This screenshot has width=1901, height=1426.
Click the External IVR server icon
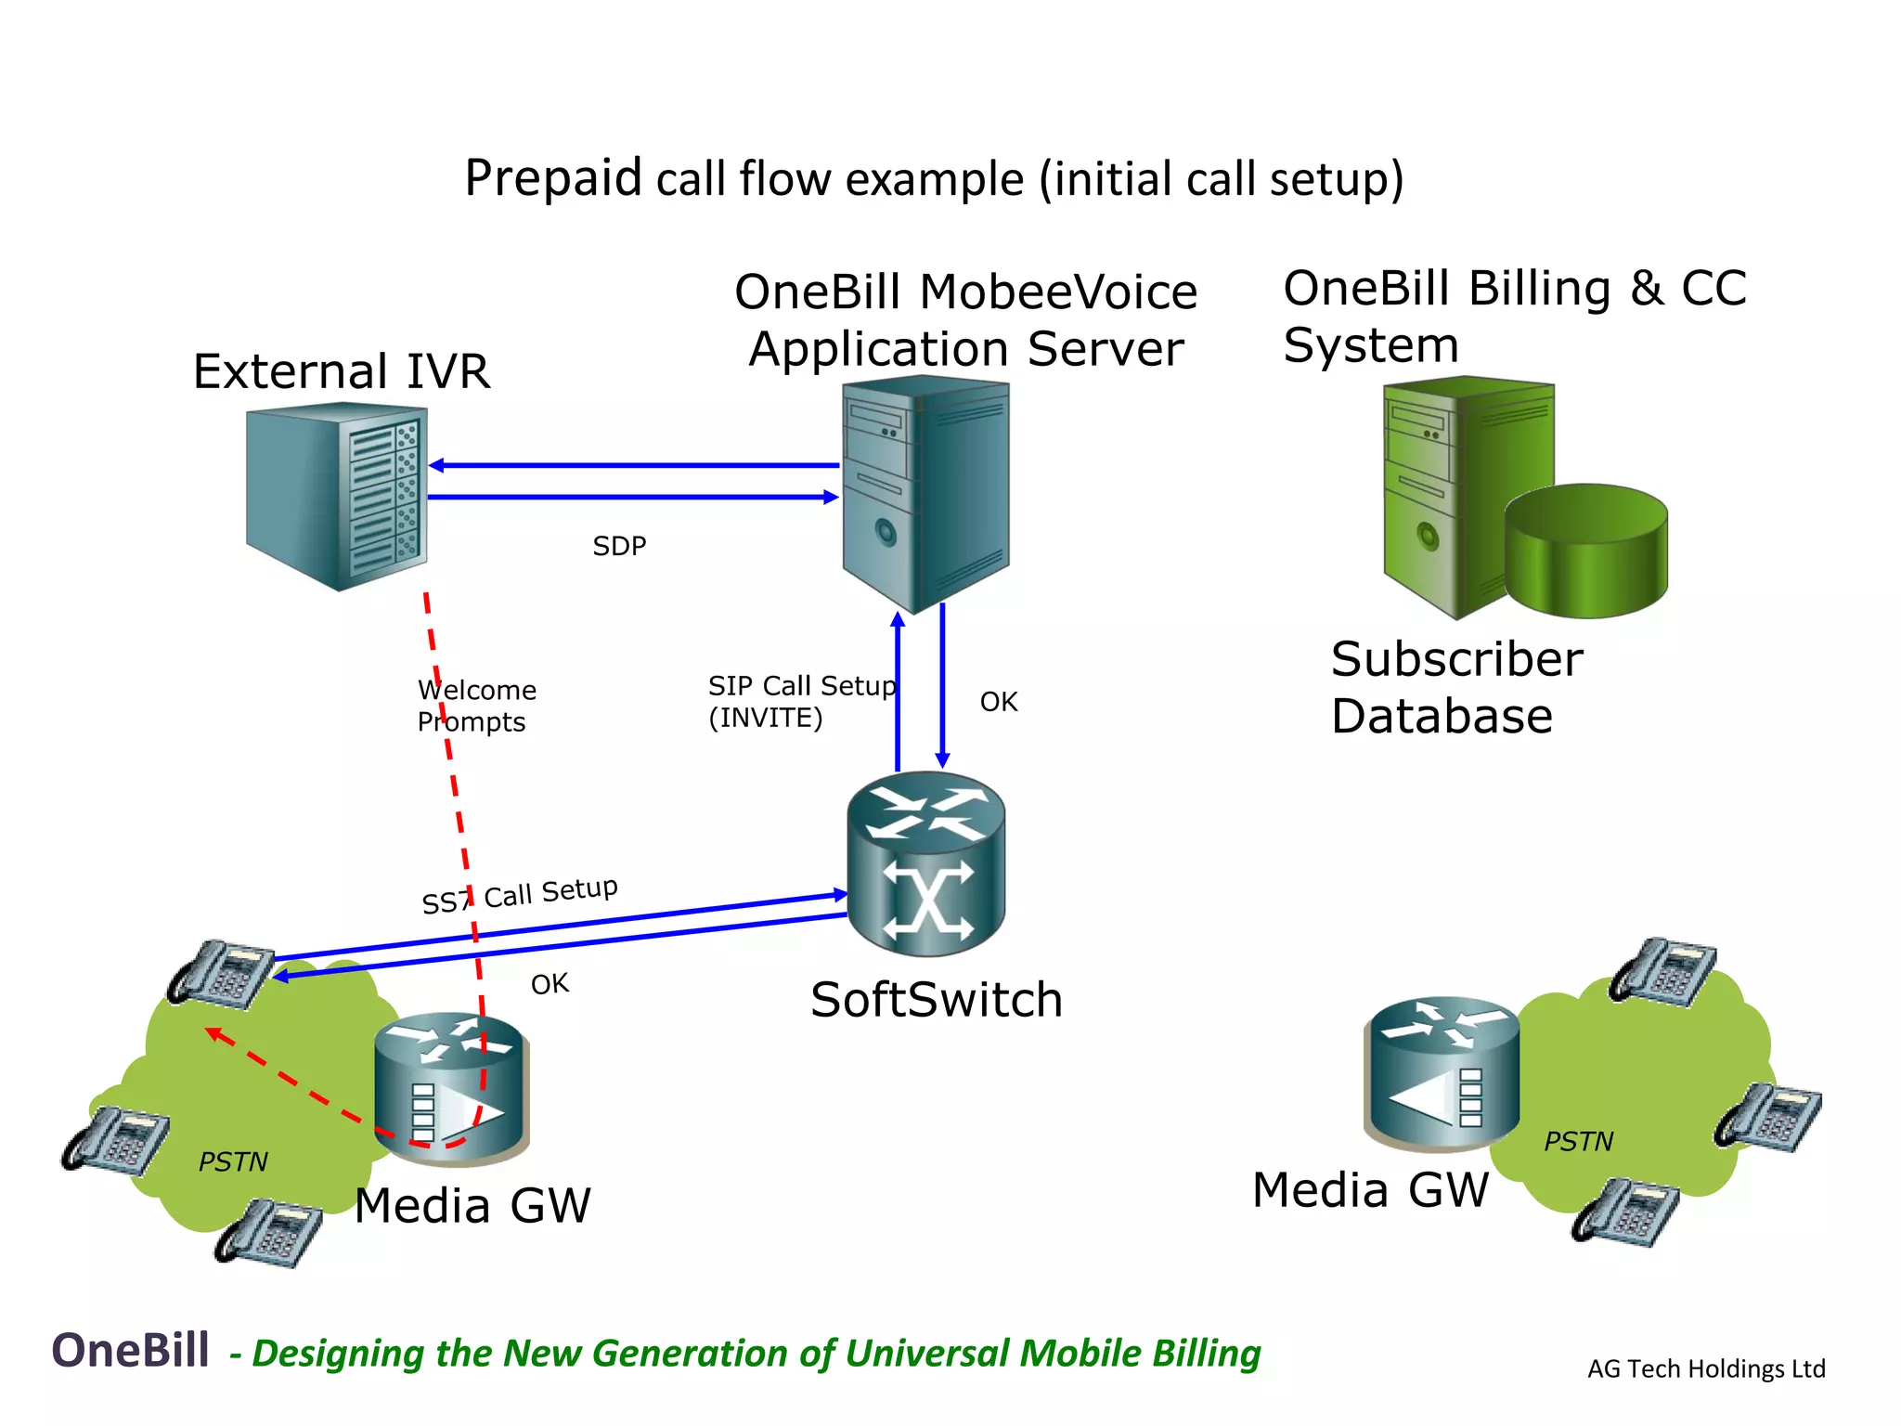pos(337,496)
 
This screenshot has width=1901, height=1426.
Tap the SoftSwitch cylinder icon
pos(926,864)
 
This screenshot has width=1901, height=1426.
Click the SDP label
pos(619,546)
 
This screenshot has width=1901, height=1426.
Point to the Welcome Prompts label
pos(476,706)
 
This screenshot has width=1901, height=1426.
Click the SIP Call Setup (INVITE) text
pos(800,702)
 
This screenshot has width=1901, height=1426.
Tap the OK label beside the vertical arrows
pos(999,702)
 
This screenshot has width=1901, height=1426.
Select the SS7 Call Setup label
pos(520,895)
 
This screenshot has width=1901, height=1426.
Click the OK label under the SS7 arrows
pos(550,984)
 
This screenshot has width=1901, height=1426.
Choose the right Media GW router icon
pos(1442,1072)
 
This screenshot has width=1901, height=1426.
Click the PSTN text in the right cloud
pos(1578,1141)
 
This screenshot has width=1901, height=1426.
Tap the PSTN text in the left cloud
pos(233,1161)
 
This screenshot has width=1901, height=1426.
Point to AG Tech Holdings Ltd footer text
pos(1706,1368)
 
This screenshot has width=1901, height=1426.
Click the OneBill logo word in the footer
pos(131,1350)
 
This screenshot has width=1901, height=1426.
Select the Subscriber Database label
pos(1455,687)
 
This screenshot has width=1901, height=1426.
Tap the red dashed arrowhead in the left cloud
pos(213,1033)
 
